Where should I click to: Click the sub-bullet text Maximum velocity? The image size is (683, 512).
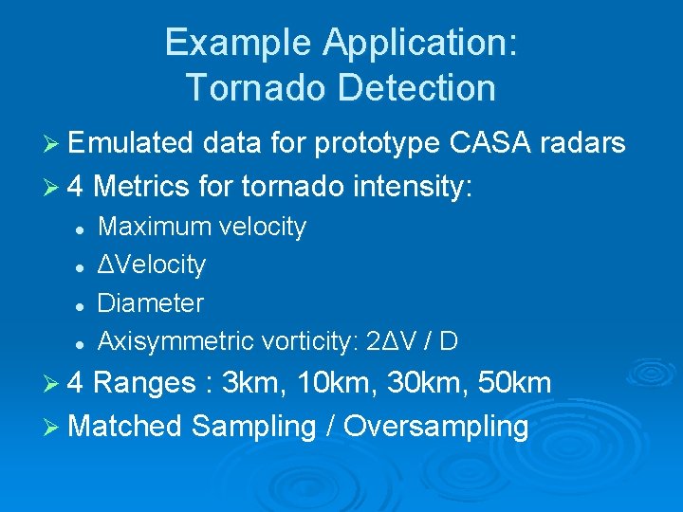(x=202, y=228)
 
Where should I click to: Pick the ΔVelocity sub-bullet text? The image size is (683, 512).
(x=152, y=265)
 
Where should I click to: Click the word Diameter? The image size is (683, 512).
(x=151, y=303)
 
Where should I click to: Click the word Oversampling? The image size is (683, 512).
(x=436, y=427)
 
